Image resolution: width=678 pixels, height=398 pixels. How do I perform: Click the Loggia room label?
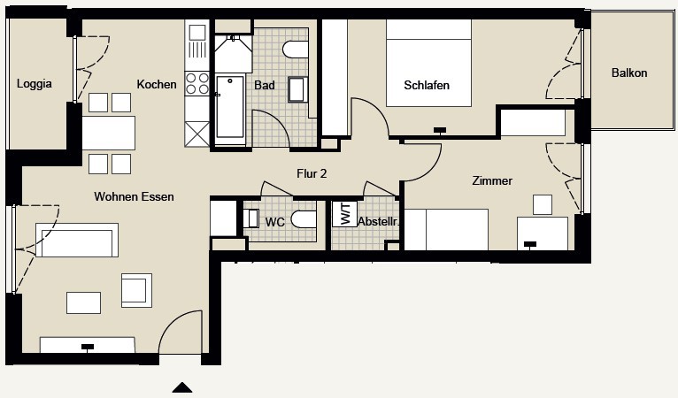(35, 83)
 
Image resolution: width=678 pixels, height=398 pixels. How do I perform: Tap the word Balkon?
(629, 73)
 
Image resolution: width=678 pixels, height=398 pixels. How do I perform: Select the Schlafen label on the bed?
(427, 85)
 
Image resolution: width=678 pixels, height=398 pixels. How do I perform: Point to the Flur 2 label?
(312, 173)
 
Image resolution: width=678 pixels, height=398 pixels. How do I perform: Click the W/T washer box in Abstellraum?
(344, 214)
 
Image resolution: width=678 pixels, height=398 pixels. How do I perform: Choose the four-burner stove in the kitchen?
(197, 84)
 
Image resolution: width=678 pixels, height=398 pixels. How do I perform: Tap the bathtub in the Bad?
(230, 107)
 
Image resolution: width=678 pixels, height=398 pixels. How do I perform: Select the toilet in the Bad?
(296, 50)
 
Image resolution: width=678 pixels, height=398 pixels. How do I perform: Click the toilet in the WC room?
(304, 219)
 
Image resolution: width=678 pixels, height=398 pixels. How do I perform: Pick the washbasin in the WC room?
(250, 218)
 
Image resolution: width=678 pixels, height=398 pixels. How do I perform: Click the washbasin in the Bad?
(298, 89)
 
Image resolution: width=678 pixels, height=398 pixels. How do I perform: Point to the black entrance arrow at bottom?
(182, 387)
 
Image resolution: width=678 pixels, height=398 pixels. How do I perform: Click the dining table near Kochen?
(109, 133)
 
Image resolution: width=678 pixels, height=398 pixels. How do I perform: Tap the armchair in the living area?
(136, 290)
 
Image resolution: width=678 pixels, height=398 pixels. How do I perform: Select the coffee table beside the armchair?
(84, 303)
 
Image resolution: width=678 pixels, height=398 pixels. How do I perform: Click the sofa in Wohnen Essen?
(77, 241)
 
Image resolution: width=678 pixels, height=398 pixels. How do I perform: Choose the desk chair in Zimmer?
(543, 205)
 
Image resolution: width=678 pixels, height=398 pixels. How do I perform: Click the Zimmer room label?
(492, 180)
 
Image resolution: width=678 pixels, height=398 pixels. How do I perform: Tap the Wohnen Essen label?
(134, 196)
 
